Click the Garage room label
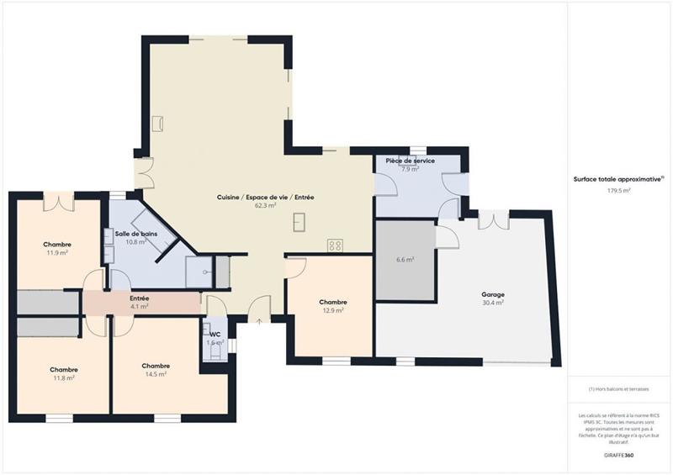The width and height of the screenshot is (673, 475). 493,294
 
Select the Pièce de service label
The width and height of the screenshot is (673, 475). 410,161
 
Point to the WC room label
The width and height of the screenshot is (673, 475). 215,335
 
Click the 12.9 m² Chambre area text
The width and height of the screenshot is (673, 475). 333,310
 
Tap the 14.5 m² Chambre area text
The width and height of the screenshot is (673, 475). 156,374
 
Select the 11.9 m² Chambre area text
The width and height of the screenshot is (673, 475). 57,252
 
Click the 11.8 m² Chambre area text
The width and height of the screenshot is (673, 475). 64,377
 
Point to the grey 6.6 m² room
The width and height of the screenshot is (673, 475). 405,260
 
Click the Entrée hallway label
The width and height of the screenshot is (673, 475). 139,298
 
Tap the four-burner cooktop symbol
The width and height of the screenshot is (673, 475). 336,245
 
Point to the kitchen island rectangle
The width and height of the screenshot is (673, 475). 299,222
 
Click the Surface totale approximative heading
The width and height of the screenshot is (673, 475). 618,179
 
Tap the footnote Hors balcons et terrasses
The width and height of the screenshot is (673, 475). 618,389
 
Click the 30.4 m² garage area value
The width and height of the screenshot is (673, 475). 493,303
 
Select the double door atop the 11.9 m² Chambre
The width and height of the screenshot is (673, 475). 58,201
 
